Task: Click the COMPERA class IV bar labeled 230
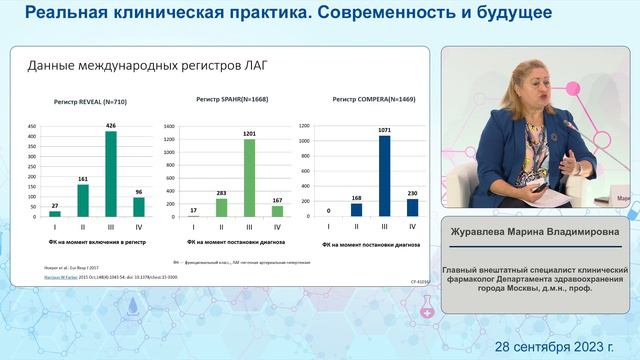[412, 207]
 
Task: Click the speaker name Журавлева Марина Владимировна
[535, 232]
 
